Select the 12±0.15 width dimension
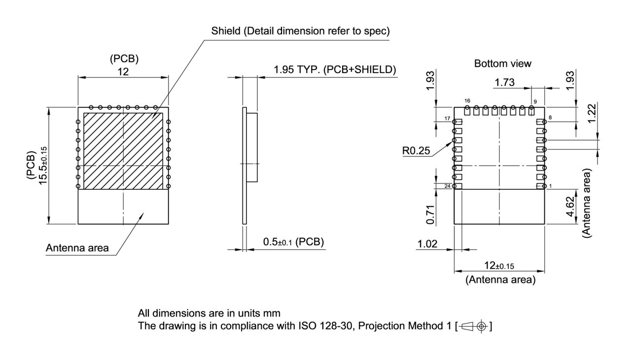click(x=499, y=266)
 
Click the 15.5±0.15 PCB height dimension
click(x=43, y=165)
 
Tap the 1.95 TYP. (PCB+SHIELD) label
click(x=335, y=70)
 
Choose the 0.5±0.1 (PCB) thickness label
click(x=293, y=242)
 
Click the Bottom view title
click(x=502, y=64)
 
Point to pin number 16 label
click(x=467, y=101)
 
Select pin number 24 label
click(x=448, y=186)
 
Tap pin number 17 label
click(x=448, y=119)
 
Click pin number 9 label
click(x=535, y=101)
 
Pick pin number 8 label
click(x=550, y=118)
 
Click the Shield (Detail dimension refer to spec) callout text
click(x=300, y=31)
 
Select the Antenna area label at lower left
click(x=77, y=248)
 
